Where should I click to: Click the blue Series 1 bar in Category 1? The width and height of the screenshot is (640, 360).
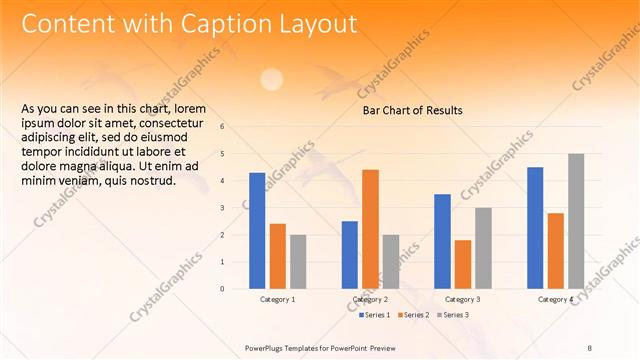point(257,231)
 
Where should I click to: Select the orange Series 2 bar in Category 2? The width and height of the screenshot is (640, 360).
point(370,229)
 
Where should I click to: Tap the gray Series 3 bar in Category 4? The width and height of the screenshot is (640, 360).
point(576,221)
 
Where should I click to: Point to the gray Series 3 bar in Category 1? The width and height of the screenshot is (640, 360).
point(298,262)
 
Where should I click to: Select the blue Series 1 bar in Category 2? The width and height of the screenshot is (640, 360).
point(350,255)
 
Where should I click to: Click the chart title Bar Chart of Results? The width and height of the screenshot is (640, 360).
point(412,110)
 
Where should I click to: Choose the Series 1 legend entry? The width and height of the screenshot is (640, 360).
point(377,315)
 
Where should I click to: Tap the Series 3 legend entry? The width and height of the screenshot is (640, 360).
point(452,315)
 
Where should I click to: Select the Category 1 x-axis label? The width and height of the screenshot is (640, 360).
point(277,300)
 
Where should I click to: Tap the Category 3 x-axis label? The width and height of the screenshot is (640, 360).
point(462,300)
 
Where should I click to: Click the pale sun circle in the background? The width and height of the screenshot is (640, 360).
point(271,79)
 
